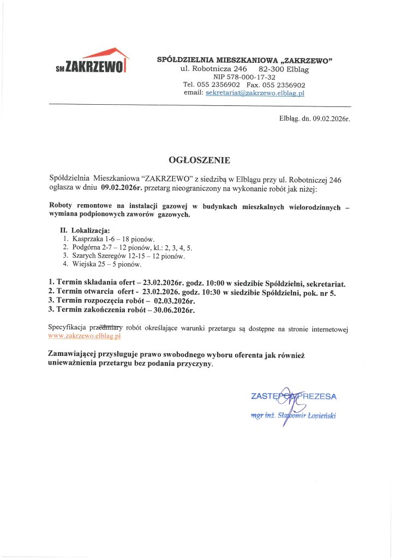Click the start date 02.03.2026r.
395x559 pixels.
pyautogui.click(x=175, y=301)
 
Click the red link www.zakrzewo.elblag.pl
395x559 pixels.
pyautogui.click(x=85, y=337)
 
